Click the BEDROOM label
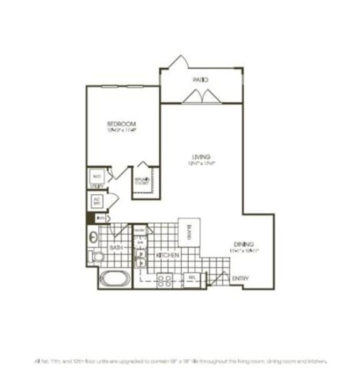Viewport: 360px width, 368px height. click(x=121, y=124)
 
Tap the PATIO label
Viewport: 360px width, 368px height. click(x=200, y=80)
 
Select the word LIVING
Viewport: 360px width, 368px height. click(x=201, y=156)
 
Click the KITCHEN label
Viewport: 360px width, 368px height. click(x=168, y=256)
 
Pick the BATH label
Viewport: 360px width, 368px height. click(x=117, y=248)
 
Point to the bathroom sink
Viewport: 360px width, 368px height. click(x=93, y=237)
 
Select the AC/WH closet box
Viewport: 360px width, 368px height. click(x=97, y=202)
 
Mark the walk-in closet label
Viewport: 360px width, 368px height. click(x=142, y=182)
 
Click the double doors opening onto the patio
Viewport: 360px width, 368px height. click(x=199, y=96)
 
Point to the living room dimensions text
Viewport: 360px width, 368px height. click(x=201, y=163)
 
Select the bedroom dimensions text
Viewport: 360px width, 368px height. click(x=121, y=131)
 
